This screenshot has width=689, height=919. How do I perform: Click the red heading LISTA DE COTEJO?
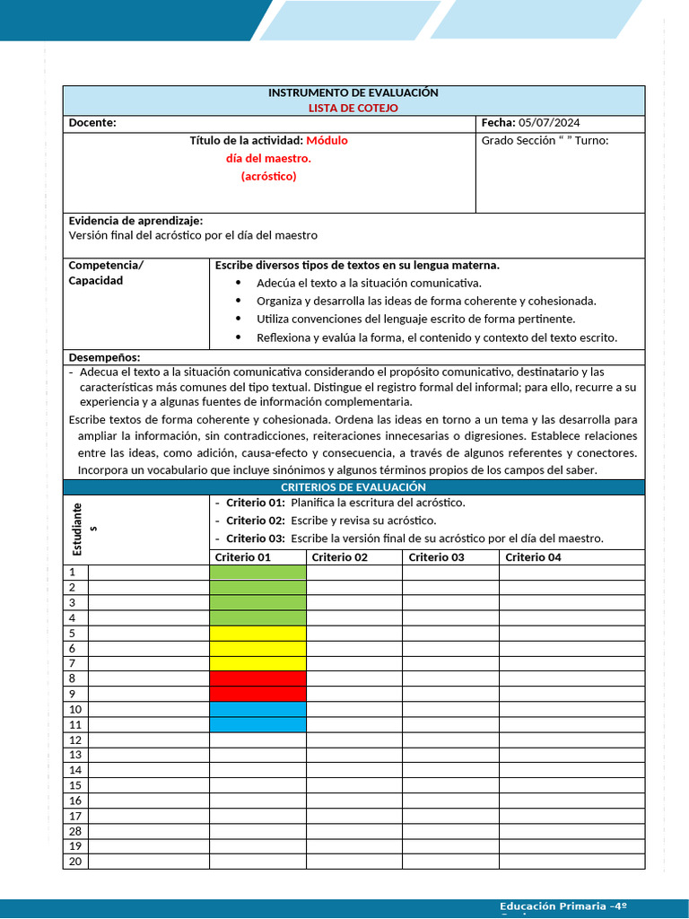pos(353,108)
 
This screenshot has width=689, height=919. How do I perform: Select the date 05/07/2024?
pos(549,123)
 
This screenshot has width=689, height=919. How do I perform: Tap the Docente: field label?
pos(92,123)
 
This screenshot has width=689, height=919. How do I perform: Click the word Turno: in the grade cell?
pos(591,141)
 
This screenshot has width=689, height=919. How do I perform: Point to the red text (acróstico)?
pos(268,176)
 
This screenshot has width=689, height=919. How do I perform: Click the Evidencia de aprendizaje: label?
pos(135,221)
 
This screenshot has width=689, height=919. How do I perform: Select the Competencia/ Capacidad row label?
pos(106,273)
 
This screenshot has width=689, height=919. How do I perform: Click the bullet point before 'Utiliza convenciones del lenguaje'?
pos(238,319)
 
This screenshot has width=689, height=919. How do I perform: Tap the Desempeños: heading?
pos(104,357)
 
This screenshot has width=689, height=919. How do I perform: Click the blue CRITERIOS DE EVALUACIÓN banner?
pos(353,487)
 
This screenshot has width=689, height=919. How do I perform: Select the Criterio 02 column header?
pos(340,557)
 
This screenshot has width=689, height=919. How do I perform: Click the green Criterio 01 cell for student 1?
pos(257,573)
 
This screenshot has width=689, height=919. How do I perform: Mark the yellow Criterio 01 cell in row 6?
pos(257,649)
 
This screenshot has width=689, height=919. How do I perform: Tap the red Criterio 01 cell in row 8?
pos(257,678)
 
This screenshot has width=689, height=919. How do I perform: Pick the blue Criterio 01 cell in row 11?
pos(257,724)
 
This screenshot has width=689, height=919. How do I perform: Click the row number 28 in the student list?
pos(75,831)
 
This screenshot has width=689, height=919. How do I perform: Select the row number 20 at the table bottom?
pos(75,862)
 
